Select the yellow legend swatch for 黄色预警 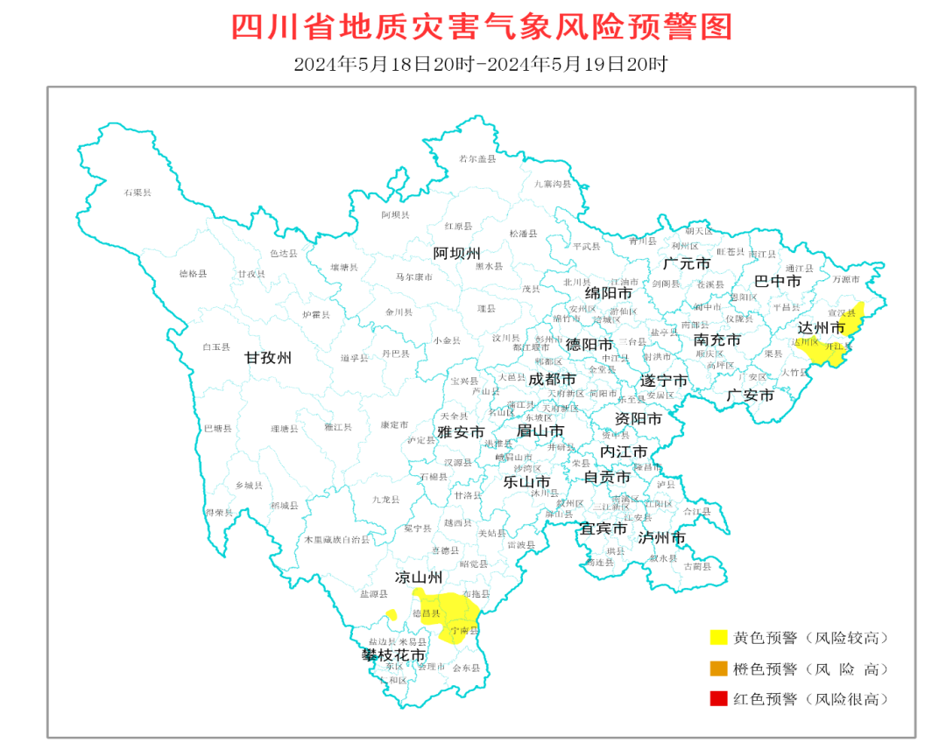coord(718,638)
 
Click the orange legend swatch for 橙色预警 coord(718,668)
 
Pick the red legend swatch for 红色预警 coord(718,698)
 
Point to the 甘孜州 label coord(267,358)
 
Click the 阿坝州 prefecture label coord(457,254)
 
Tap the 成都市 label coord(552,380)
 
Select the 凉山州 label coord(418,577)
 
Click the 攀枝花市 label coord(394,654)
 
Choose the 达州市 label coord(821,328)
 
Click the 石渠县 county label coord(137,192)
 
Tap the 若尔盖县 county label coord(477,159)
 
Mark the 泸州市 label coord(661,537)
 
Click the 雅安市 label coord(461,432)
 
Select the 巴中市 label coord(778,282)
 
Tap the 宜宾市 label coord(604,529)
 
